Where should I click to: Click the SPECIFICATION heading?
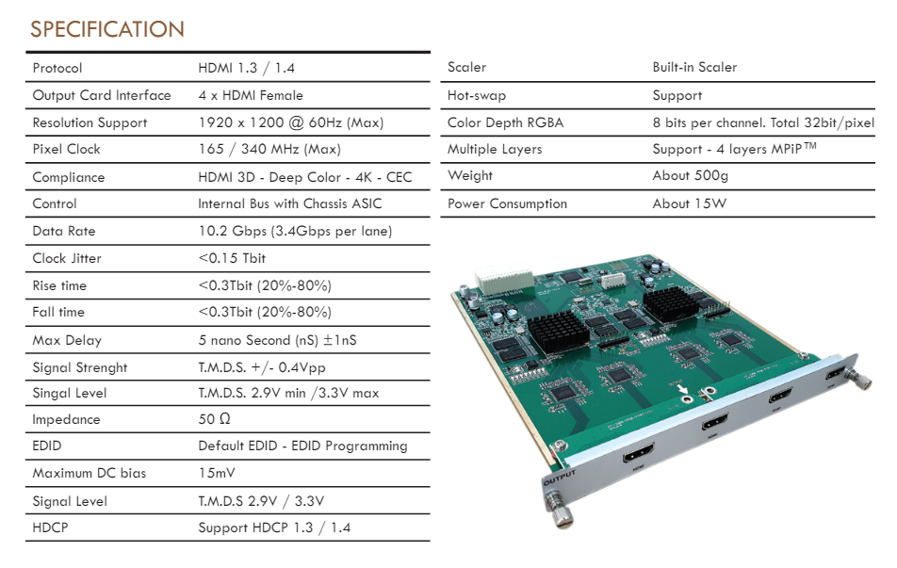pos(107,29)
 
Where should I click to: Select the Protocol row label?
pos(57,68)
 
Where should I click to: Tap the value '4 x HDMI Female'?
pos(251,95)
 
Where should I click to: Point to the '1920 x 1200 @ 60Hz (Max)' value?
pos(290,123)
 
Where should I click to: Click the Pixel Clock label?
pos(66,149)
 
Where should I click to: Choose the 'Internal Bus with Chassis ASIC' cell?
pos(289,204)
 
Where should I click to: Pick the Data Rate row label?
pos(64,231)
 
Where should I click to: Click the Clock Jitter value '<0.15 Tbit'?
pos(232,258)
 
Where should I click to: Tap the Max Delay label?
pos(67,340)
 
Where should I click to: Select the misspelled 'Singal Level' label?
pos(69,394)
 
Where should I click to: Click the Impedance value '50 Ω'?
pos(215,419)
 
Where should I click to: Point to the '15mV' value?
pos(217,473)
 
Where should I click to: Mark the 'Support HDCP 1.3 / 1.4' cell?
pos(274,527)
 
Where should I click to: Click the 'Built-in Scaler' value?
pos(694,68)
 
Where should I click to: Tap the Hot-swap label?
pos(477,95)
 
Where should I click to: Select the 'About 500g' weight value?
pos(690,175)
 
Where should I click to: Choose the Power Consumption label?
pos(507,204)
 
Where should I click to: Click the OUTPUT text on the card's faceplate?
pos(559,478)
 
